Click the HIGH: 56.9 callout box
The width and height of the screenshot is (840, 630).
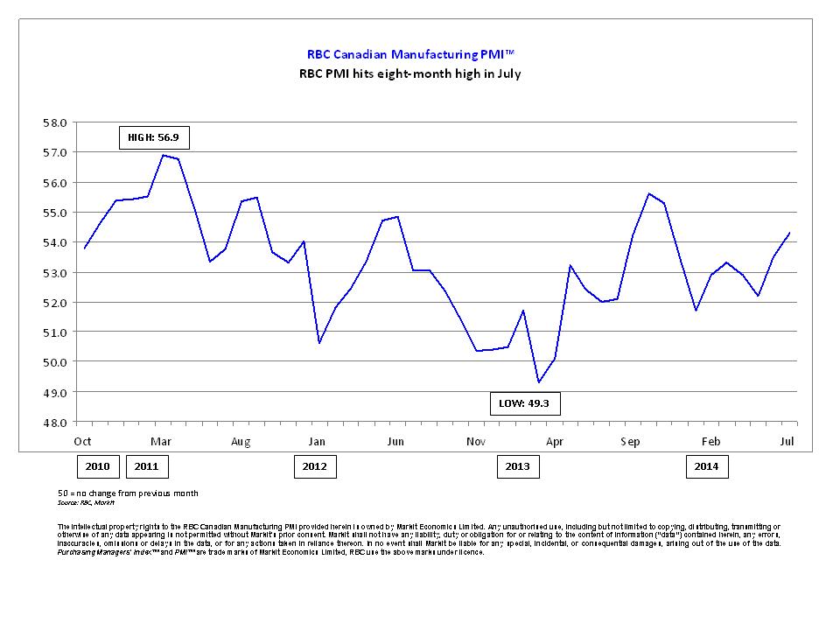pyautogui.click(x=154, y=137)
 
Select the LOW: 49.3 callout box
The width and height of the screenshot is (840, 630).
pyautogui.click(x=525, y=403)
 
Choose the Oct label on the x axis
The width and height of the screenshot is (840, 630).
pyautogui.click(x=83, y=441)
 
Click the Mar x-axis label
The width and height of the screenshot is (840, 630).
pyautogui.click(x=161, y=441)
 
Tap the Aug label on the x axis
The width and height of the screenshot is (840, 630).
pyautogui.click(x=241, y=441)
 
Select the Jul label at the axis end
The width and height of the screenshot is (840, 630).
pyautogui.click(x=787, y=441)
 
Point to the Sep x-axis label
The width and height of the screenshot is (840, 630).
pyautogui.click(x=630, y=441)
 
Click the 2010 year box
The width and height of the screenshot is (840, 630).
pyautogui.click(x=97, y=466)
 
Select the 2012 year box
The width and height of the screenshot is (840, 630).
pyautogui.click(x=314, y=466)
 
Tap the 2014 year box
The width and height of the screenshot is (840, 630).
pyautogui.click(x=706, y=466)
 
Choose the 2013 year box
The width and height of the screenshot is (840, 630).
pyautogui.click(x=518, y=466)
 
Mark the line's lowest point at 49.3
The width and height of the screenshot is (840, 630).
pyautogui.click(x=538, y=382)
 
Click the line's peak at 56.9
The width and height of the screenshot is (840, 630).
pyautogui.click(x=163, y=155)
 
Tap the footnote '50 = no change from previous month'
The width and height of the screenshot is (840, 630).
pyautogui.click(x=128, y=493)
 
